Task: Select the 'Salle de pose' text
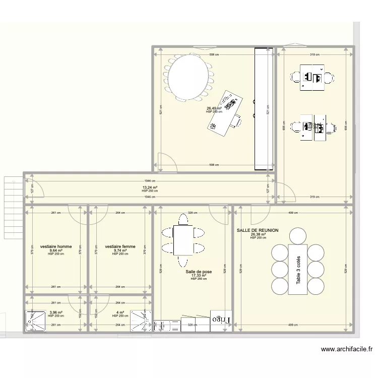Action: pos(199,272)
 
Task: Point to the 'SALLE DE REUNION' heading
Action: pos(258,230)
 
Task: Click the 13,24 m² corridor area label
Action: pos(150,187)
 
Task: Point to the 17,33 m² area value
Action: pos(199,276)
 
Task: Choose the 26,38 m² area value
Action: pos(258,234)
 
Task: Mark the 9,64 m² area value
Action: pos(56,250)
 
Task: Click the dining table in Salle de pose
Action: pos(183,240)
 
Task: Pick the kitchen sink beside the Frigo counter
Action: pos(162,326)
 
